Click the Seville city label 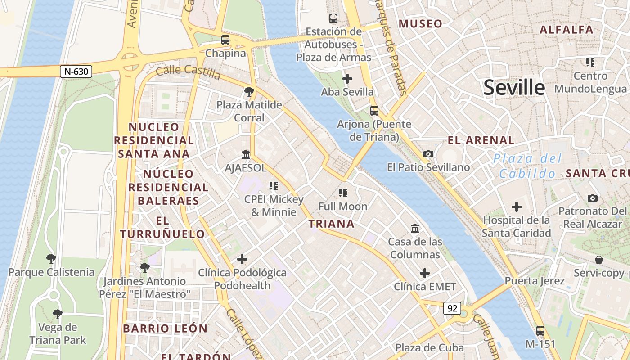tap(514, 87)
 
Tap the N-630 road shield tap(76, 71)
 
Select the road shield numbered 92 tap(452, 308)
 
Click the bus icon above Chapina tap(225, 40)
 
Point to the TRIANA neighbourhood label tap(332, 224)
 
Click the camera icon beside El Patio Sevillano tap(428, 154)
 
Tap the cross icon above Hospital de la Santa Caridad tap(517, 207)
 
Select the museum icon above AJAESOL tap(246, 155)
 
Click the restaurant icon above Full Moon tap(343, 193)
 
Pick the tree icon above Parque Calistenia tap(51, 259)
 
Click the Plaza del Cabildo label tap(527, 166)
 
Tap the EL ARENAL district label tap(481, 140)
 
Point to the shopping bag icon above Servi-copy tap(598, 260)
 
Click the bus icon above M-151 tap(540, 331)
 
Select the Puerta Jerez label tap(535, 281)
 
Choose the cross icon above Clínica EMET tap(425, 273)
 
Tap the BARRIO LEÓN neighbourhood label tap(165, 328)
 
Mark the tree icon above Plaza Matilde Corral tap(249, 92)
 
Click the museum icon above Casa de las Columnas tap(415, 228)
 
